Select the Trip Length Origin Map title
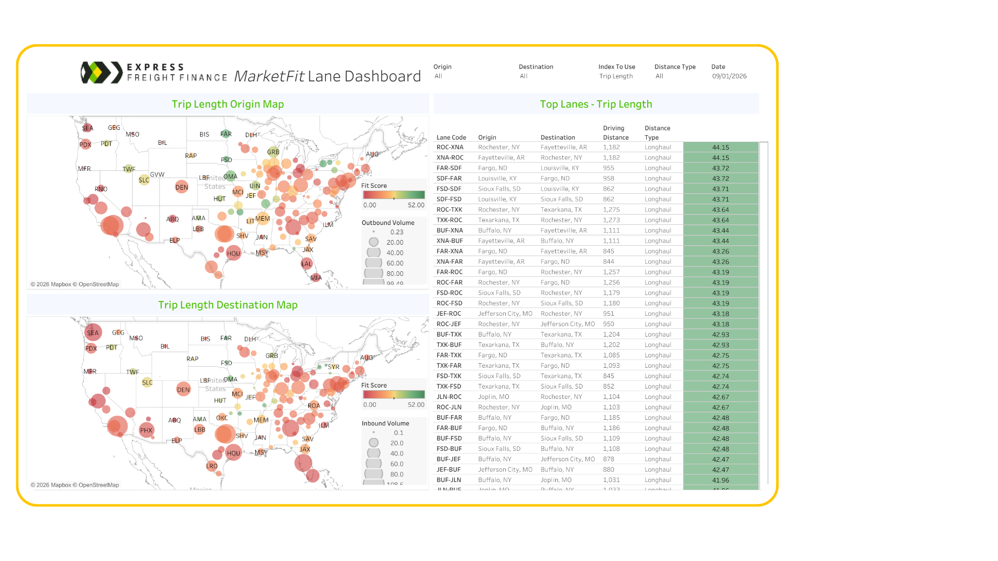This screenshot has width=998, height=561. [228, 104]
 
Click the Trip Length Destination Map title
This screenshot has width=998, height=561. [228, 305]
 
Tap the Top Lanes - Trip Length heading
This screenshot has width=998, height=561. [596, 104]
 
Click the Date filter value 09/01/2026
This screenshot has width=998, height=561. [729, 76]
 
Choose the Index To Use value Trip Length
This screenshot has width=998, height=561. [616, 76]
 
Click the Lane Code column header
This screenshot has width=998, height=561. [451, 138]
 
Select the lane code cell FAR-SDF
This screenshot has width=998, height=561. [449, 168]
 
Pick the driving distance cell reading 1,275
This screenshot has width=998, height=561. [611, 210]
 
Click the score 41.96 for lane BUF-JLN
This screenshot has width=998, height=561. [720, 480]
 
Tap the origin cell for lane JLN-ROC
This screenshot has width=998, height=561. [493, 397]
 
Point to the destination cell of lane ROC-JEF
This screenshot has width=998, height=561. [567, 324]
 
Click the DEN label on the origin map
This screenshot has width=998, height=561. [182, 188]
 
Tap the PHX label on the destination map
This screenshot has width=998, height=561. [146, 431]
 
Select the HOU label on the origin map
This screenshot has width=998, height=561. [233, 254]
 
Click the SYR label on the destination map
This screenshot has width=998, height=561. [334, 367]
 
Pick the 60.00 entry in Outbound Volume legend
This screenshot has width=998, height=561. [395, 263]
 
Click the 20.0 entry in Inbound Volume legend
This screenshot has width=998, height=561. [397, 443]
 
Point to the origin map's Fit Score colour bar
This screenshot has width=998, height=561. [393, 195]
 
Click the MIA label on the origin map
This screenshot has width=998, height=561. [316, 278]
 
